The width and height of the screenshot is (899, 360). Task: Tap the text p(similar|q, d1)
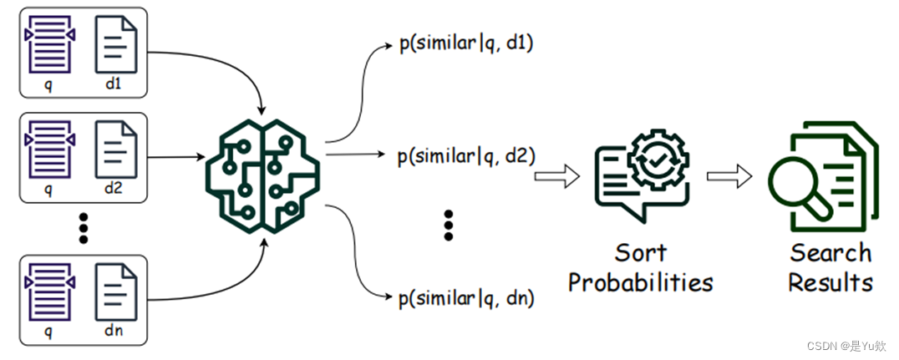(x=466, y=43)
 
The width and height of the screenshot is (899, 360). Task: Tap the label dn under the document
(x=114, y=331)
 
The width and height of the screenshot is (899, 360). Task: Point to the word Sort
(x=642, y=253)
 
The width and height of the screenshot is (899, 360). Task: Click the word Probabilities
(x=641, y=281)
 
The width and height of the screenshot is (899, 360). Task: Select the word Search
(x=830, y=253)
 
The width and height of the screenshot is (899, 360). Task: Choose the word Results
(x=830, y=281)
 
